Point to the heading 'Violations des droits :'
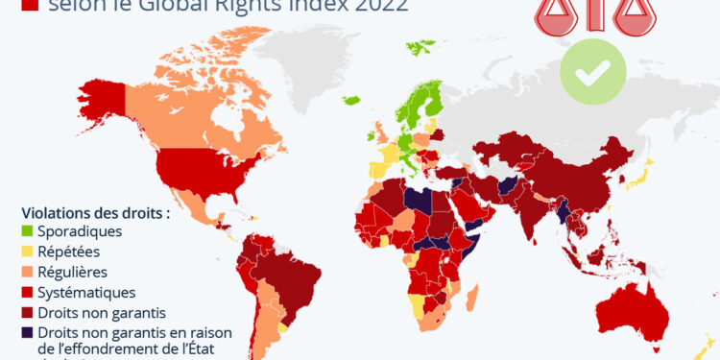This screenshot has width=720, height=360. click(x=95, y=212)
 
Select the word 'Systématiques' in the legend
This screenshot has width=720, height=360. click(x=86, y=292)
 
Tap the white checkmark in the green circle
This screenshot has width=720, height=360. click(x=593, y=72)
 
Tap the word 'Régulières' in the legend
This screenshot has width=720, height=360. click(x=77, y=272)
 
